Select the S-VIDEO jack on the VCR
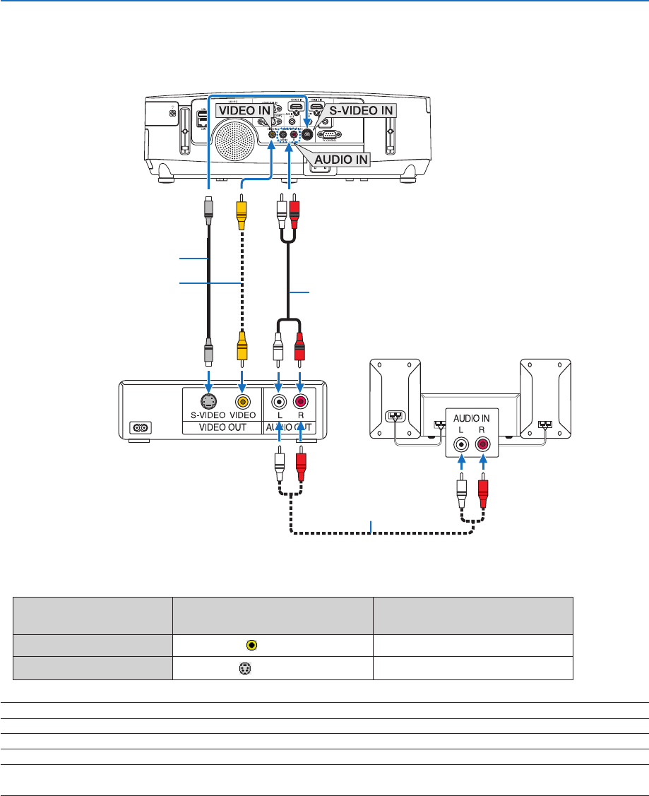208,402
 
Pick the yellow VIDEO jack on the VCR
243,402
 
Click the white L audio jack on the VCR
280,402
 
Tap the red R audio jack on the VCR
301,402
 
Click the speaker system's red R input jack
483,445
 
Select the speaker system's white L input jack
461,445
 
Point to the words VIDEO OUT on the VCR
222,429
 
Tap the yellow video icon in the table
251,644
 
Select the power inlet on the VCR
139,427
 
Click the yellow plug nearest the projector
242,210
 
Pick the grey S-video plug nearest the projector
208,210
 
